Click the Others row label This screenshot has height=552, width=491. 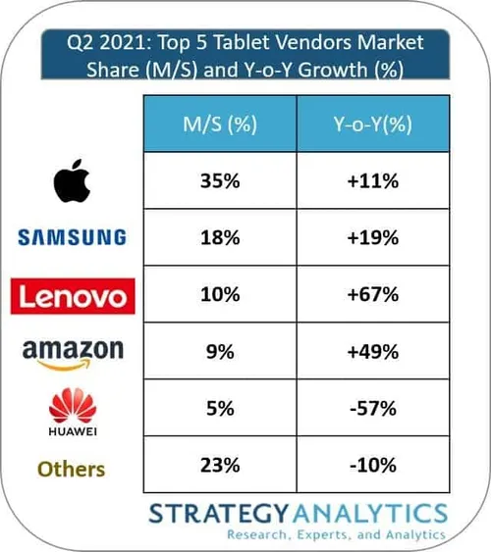71,468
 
